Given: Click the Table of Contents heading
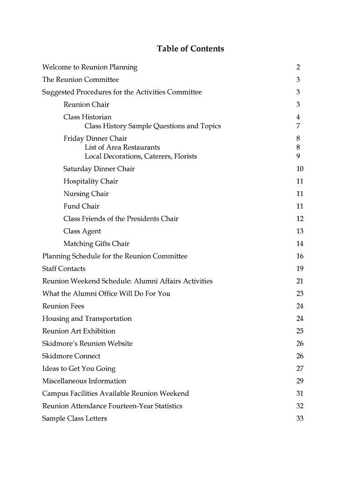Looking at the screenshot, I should click(x=190, y=49).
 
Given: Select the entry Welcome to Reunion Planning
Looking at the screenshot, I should click(x=90, y=67).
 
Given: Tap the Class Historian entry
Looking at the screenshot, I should click(x=87, y=117).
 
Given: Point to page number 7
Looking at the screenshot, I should click(x=298, y=126).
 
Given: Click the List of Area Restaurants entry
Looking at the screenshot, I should click(x=122, y=147).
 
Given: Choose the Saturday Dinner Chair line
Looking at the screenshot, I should click(x=99, y=169).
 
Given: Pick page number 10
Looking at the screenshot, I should click(x=300, y=169).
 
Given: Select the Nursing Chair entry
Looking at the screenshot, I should click(x=86, y=194).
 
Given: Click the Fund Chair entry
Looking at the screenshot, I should click(x=81, y=206).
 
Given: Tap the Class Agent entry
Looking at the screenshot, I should click(x=82, y=231).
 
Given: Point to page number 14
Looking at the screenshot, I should click(x=300, y=244).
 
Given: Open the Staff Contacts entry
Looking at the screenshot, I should click(x=64, y=269).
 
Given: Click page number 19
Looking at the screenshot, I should click(x=300, y=269).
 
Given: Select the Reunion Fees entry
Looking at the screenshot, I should click(x=63, y=306).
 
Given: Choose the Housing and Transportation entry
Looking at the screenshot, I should click(x=87, y=319).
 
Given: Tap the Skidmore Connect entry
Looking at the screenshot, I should click(x=71, y=356).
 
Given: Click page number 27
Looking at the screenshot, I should click(x=300, y=369).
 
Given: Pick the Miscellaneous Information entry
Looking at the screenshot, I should click(x=84, y=381).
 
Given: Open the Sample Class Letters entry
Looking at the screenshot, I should click(x=74, y=418).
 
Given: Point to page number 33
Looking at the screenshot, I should click(x=300, y=418).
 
